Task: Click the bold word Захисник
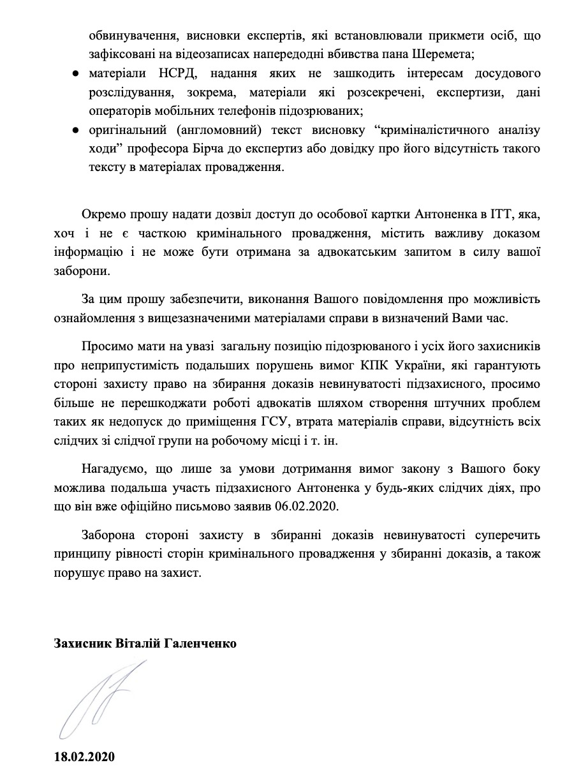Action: click(80, 644)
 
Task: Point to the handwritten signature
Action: click(102, 699)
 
